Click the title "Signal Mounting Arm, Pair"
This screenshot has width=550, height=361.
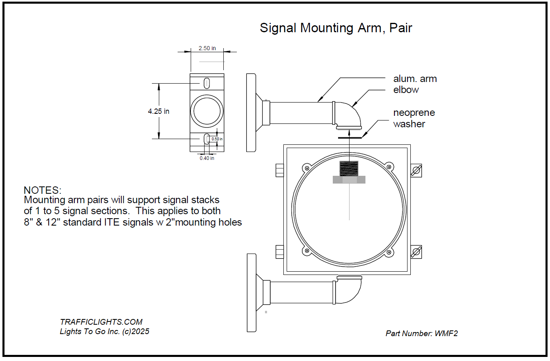[336, 28]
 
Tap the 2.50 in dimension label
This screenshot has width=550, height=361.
[207, 48]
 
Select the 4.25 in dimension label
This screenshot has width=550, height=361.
[158, 111]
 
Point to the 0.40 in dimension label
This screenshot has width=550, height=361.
[207, 158]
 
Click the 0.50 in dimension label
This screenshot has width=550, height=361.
[217, 139]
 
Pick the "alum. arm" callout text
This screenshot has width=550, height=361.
[415, 79]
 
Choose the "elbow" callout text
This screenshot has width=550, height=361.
[406, 90]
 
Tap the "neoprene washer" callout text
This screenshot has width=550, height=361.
[414, 118]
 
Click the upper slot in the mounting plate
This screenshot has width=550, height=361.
[207, 83]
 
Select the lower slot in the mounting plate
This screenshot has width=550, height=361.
[207, 139]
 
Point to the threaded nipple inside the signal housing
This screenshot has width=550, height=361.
[349, 168]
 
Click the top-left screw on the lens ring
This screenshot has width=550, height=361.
[307, 167]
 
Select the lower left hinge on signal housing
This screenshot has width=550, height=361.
[280, 252]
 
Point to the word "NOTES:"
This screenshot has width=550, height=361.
[42, 190]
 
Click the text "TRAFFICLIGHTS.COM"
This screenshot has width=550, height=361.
[101, 322]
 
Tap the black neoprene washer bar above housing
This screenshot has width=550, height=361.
[350, 137]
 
